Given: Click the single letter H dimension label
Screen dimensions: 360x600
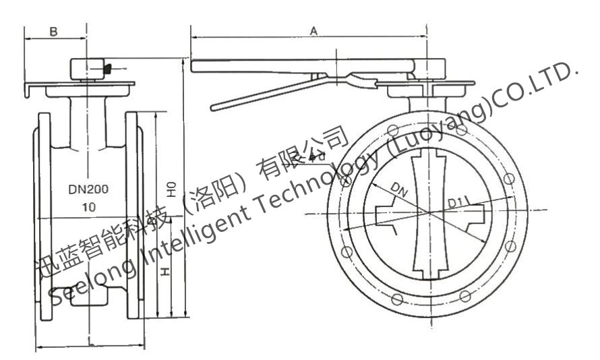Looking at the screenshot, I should coord(165,273).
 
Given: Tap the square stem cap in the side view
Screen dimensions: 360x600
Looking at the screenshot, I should coord(86,69).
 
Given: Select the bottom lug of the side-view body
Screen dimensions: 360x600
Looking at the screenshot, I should coord(87,299).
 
